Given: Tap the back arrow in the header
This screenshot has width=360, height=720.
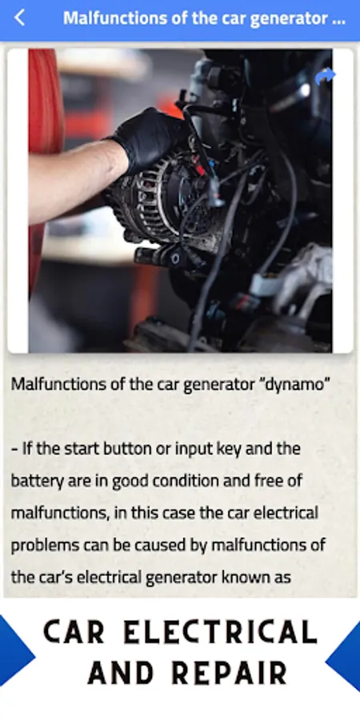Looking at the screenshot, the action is [x=19, y=18].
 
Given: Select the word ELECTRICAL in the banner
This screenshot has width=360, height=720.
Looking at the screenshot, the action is [x=221, y=632].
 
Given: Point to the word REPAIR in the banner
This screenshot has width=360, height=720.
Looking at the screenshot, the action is [x=230, y=674].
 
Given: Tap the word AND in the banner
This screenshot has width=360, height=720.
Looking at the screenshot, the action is [x=121, y=674].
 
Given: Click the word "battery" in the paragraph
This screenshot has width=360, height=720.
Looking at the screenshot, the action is [x=31, y=481].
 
